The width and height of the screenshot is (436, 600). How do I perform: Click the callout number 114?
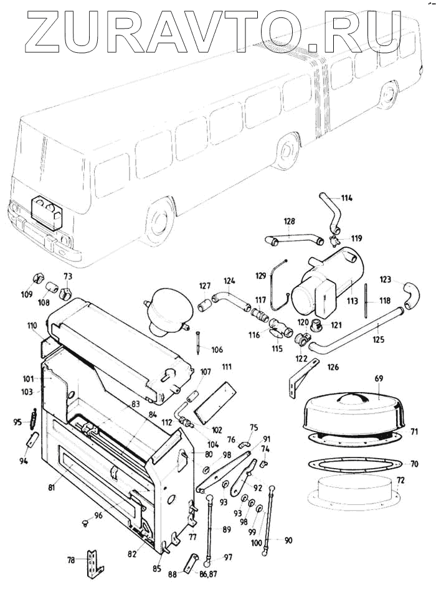coord(346,198)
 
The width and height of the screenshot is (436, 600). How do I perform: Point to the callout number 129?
coord(260,274)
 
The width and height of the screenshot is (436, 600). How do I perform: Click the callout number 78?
coord(72,560)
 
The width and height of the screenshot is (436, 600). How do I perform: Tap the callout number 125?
coord(379,340)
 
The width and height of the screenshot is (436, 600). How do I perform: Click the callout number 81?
coord(51,487)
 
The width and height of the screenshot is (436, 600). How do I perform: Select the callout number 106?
coord(216,350)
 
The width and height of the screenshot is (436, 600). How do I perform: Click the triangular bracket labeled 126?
coord(301,378)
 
